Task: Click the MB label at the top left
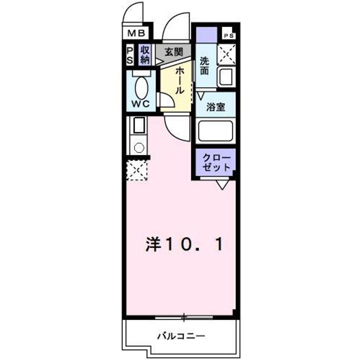pos(135,33)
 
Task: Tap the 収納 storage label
pos(145,54)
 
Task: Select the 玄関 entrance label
pos(173,51)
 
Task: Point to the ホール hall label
pos(179,81)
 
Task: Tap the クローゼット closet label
pos(216,162)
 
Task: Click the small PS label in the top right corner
pos(228,35)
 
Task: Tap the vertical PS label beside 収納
pos(129,55)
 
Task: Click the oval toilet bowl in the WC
pos(141,88)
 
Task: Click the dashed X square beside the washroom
pos(228,53)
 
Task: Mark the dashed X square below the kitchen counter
pos(137,170)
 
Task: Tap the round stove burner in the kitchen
pos(139,147)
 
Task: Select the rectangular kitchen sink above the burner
pos(138,124)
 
